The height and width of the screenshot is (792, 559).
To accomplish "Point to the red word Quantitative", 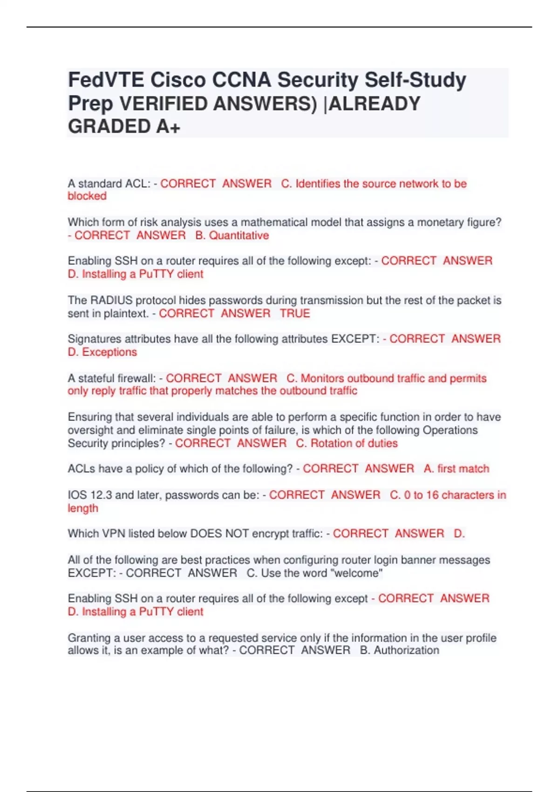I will click(x=239, y=235).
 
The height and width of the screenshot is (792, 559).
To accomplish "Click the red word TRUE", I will click(x=295, y=313).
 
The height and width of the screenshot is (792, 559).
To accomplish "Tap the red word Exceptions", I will click(x=109, y=352).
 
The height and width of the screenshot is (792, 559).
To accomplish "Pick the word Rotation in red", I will click(x=330, y=443).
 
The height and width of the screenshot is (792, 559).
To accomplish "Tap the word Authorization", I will click(x=406, y=650).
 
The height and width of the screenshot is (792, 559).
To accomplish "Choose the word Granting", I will click(x=87, y=638).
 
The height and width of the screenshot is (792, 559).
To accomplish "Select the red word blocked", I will click(x=87, y=196).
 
